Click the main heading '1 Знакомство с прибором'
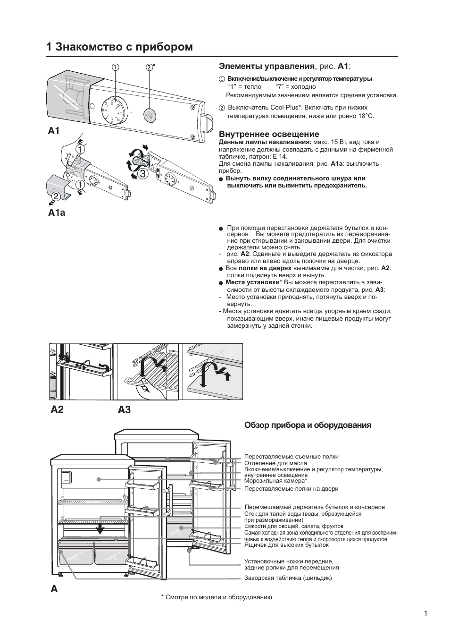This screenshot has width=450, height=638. (x=120, y=47)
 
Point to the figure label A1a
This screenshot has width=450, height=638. (x=57, y=213)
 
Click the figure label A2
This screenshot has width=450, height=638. (x=57, y=409)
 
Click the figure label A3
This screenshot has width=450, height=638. (x=124, y=409)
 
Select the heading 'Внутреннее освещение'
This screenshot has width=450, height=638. (x=269, y=134)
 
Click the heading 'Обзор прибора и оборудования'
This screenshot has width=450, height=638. (x=308, y=425)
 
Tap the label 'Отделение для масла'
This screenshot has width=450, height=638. (x=275, y=463)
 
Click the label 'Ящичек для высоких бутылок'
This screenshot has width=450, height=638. (x=286, y=545)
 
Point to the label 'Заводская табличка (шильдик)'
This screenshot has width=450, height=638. (x=288, y=578)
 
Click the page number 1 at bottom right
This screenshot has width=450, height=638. (x=425, y=613)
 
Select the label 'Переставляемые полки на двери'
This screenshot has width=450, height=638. (x=291, y=489)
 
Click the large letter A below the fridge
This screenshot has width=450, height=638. (x=54, y=589)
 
